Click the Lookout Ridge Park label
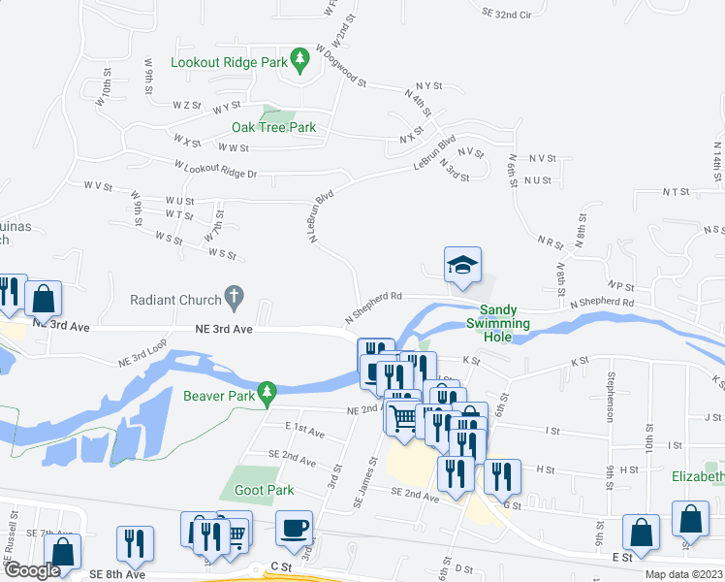[x=229, y=62]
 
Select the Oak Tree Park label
[x=273, y=127]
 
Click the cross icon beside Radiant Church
[x=234, y=295]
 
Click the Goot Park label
[x=264, y=490]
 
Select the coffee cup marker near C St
[x=294, y=529]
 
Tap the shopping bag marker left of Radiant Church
[x=44, y=299]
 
